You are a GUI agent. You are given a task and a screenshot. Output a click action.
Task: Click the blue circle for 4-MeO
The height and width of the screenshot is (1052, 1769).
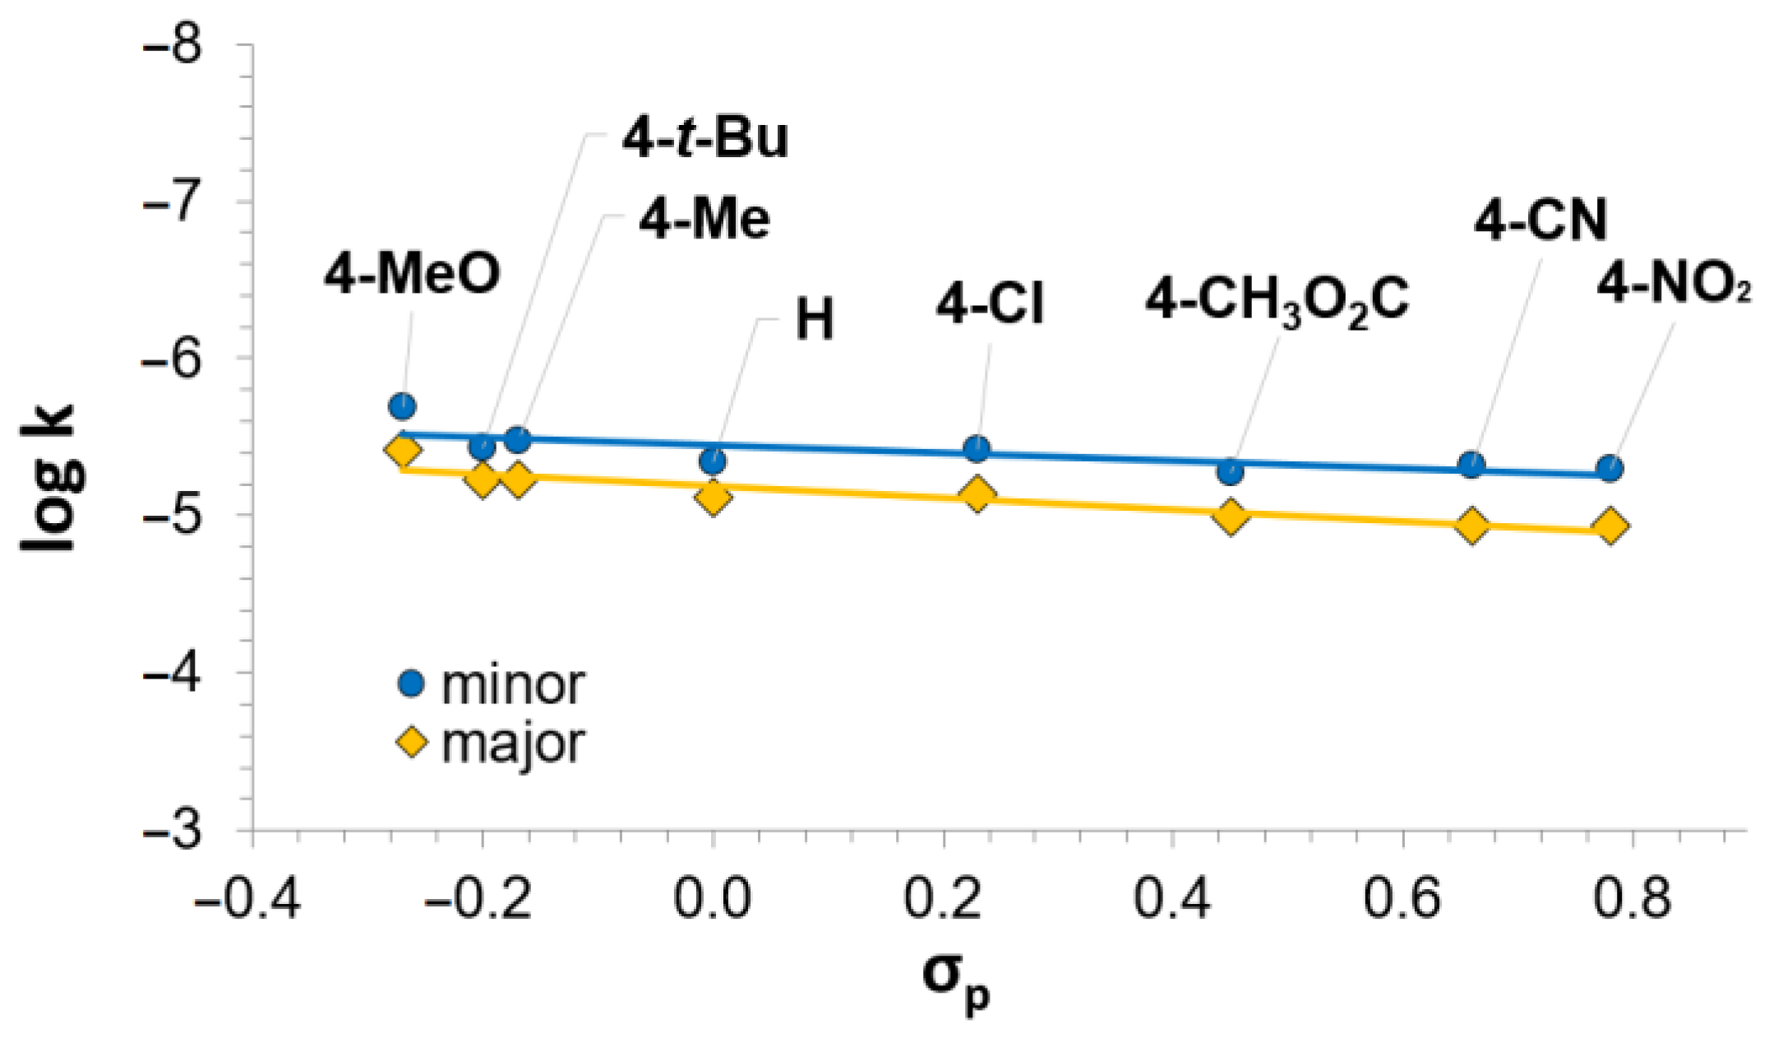pos(402,406)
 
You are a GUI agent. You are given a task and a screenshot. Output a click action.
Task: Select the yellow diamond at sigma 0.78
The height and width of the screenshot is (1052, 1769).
pos(1610,526)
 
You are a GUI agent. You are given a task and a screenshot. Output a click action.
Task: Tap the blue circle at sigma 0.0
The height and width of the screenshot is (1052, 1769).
pos(713,461)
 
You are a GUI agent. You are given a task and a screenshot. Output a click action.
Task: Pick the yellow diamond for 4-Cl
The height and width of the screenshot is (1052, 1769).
pos(977,495)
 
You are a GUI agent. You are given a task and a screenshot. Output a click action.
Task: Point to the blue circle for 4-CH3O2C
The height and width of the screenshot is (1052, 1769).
pos(1231,471)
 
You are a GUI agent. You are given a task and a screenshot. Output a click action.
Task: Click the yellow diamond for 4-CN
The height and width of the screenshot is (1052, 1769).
pos(1471,525)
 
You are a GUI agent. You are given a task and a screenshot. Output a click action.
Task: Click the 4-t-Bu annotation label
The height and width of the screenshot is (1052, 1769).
pos(705,138)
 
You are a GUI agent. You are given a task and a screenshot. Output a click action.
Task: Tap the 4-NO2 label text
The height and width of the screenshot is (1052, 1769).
pos(1673,285)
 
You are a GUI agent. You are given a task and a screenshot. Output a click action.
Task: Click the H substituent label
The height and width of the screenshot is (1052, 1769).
pos(815,319)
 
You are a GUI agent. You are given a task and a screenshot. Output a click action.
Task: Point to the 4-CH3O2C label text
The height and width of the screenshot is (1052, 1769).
pos(1277,299)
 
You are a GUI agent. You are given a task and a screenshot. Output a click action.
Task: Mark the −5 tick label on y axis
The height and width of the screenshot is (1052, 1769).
pos(173,516)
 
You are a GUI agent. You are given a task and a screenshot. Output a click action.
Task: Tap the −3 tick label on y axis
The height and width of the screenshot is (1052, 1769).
pos(173,830)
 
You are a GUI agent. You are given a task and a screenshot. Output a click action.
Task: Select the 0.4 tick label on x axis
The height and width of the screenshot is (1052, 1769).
pos(1172,898)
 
